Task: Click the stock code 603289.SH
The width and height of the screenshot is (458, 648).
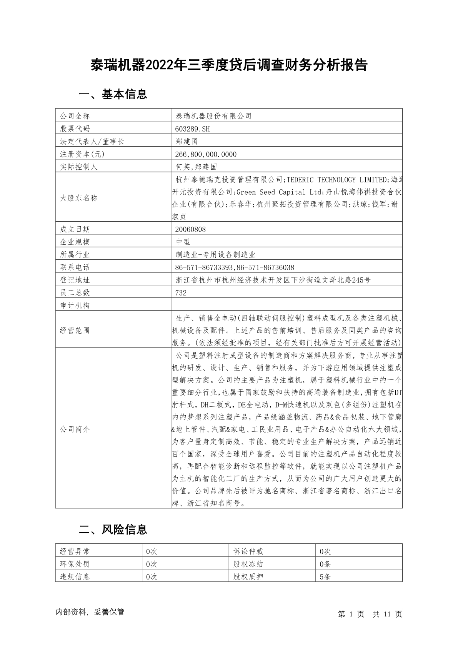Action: (192, 129)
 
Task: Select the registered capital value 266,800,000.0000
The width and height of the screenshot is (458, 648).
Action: (206, 154)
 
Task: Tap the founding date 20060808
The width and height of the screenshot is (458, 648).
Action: (190, 229)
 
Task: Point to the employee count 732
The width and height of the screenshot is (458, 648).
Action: (181, 293)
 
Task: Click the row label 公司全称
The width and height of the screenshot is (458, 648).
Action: (75, 116)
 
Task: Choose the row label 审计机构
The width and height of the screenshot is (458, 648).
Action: (75, 306)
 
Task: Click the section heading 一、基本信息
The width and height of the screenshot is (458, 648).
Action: (113, 94)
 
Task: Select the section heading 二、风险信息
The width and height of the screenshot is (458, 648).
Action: (113, 530)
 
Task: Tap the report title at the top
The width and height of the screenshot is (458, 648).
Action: (229, 65)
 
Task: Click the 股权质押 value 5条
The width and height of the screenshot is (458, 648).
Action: (325, 577)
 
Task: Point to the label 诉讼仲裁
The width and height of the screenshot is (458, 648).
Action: (248, 551)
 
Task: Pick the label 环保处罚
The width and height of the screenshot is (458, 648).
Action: (75, 564)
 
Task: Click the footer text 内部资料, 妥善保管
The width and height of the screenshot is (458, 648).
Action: (90, 612)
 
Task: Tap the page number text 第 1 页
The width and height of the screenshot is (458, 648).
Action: (351, 615)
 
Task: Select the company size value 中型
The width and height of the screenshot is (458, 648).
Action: (183, 242)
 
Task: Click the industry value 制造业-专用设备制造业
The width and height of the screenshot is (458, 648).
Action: (215, 255)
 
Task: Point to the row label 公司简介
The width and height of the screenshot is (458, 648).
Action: (75, 429)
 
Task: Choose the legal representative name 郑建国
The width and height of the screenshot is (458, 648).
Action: (187, 142)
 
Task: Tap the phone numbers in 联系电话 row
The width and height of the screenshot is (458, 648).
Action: (235, 267)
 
